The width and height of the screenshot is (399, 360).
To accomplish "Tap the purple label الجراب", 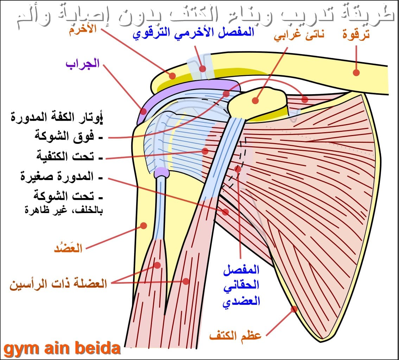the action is pos(83,64).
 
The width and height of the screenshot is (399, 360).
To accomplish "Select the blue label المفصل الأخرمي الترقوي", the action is pos(194,33).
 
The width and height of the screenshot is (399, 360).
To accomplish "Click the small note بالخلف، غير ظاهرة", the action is pos(64,211).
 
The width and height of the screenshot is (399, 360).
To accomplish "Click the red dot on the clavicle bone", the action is pos(356,73).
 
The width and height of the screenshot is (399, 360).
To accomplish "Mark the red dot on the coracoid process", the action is pos(255,101).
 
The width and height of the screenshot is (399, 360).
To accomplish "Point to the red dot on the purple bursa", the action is pos(144,111).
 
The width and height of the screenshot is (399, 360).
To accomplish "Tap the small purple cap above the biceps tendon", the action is pos(161,172).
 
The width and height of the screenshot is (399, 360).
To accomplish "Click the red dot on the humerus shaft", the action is pos(144,225).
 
